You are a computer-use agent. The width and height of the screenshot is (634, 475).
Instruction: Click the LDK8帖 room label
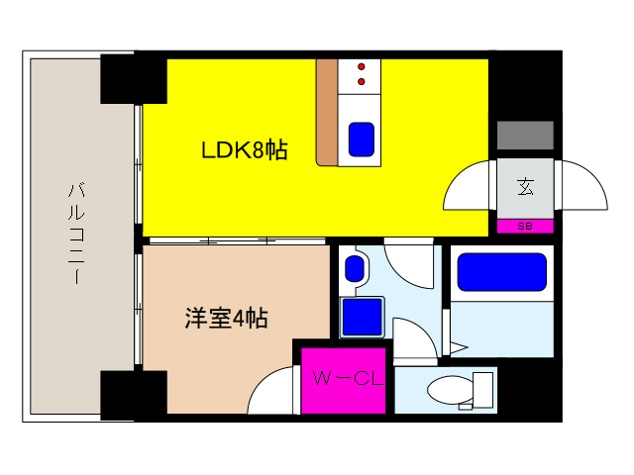pos(245,151)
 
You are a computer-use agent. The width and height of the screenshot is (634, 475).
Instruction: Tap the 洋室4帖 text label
pos(226,319)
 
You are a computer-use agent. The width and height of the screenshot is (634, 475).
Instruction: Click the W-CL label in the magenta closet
pos(342,377)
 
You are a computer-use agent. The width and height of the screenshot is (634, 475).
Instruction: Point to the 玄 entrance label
pos(524,185)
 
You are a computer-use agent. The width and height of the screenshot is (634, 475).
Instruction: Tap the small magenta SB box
pos(524,226)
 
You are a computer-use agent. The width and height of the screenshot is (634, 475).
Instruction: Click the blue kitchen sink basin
pos(361,140)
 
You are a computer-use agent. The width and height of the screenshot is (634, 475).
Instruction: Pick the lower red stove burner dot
pos(361,81)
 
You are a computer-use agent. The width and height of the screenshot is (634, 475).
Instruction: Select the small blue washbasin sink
pos(353,267)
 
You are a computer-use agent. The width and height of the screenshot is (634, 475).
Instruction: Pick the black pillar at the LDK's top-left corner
pos(132,77)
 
